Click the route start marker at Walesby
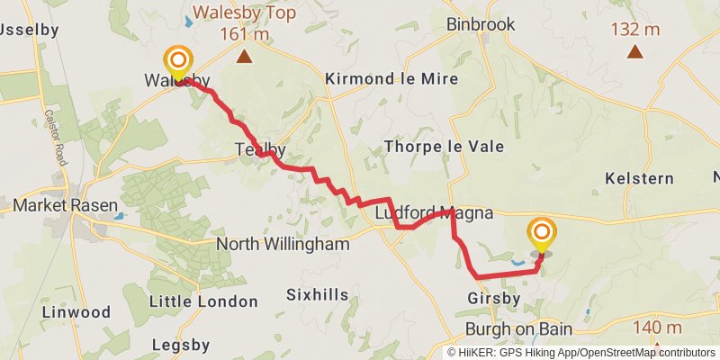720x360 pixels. point(178,62)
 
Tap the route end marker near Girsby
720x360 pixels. point(542,236)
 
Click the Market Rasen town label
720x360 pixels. point(66,206)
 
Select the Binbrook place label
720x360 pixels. point(481,24)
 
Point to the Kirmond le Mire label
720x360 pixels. point(391,79)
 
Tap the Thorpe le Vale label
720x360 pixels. point(444,146)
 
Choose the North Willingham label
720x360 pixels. point(283,244)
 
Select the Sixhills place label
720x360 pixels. point(316,294)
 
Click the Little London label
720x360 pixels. point(191,301)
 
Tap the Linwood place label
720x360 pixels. point(76,312)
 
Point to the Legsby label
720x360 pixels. point(180,345)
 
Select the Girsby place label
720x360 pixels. point(494,298)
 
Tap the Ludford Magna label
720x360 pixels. point(434,213)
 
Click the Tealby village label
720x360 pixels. point(260,149)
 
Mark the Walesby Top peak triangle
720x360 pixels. point(244,57)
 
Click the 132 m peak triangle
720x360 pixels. point(635,51)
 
